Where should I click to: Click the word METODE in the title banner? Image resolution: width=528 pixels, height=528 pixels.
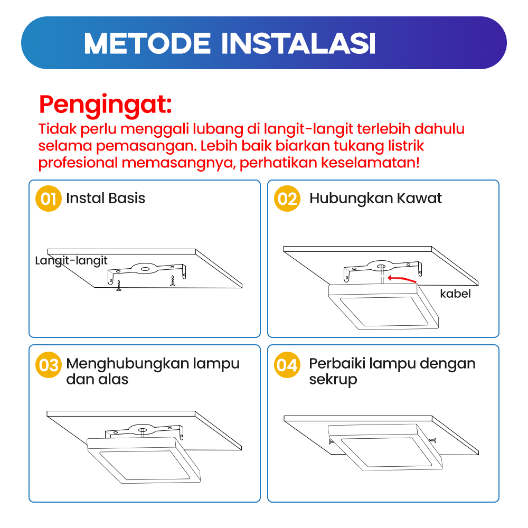tap(147, 43)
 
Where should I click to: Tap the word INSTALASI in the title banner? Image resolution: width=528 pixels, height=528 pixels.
tap(298, 43)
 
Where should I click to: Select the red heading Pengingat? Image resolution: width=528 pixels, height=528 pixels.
tap(106, 105)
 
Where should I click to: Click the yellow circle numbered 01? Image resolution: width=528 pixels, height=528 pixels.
tap(49, 199)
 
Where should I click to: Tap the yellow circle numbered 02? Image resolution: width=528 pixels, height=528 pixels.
tap(287, 199)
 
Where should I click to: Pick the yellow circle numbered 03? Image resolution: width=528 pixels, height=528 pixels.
tap(49, 365)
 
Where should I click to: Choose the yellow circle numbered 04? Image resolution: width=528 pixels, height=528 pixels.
tap(287, 365)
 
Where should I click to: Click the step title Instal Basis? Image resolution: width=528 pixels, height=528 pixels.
tap(106, 198)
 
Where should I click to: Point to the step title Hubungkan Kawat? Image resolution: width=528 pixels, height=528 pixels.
tap(375, 199)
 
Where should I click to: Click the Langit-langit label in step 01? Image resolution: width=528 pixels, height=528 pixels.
tap(71, 261)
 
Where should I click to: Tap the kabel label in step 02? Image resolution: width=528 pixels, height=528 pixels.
tap(455, 294)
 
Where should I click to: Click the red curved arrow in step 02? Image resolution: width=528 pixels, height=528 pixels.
tap(402, 279)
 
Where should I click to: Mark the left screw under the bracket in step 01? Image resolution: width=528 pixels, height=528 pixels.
tap(118, 286)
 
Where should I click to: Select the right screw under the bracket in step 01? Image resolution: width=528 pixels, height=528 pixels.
tap(173, 281)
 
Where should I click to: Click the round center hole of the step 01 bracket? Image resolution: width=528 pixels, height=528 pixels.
tap(145, 269)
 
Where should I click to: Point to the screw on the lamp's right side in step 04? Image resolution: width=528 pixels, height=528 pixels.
tap(433, 440)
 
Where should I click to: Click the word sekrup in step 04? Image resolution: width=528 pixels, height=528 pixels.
tap(333, 380)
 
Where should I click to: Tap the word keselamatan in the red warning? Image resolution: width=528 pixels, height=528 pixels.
tap(370, 163)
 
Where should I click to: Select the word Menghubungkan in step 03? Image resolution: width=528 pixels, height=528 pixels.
tap(128, 364)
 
